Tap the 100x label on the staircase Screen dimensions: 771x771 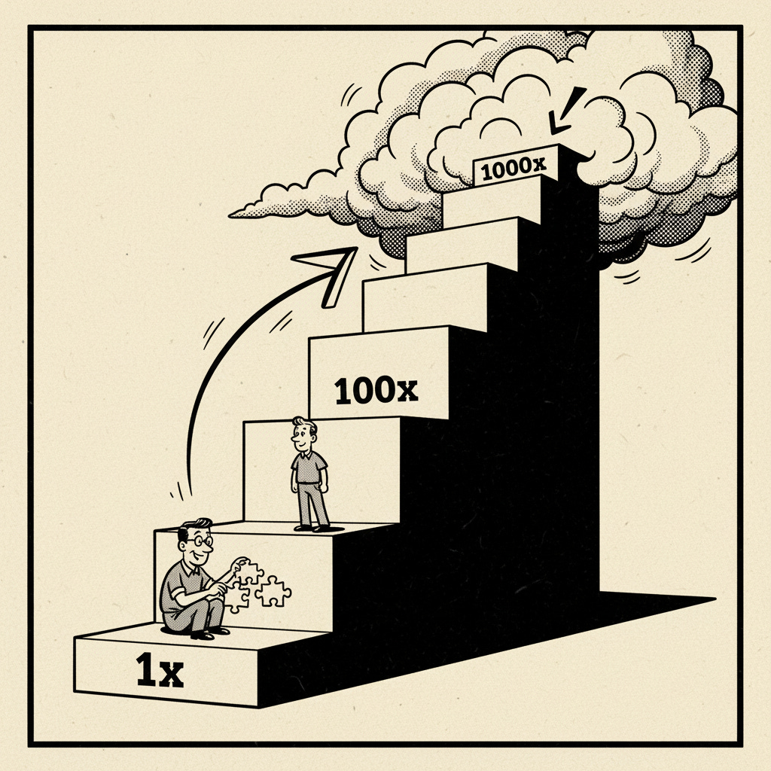375,391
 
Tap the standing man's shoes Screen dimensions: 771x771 312,528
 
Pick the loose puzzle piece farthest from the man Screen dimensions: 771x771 273,592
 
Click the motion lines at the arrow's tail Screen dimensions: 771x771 179,493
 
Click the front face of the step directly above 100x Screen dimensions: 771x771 425,297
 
